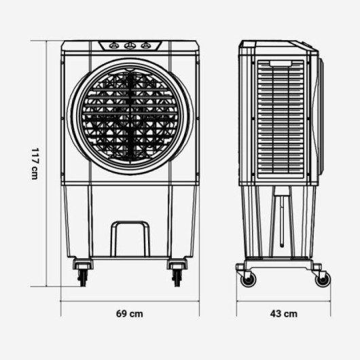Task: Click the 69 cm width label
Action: click(129, 314)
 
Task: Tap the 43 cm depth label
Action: click(284, 314)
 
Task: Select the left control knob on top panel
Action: click(113, 46)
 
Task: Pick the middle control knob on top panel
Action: click(129, 46)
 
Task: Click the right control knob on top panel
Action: click(145, 46)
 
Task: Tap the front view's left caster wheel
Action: click(83, 276)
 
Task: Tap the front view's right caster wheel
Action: click(177, 276)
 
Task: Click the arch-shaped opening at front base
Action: click(129, 238)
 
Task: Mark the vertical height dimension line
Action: click(48, 164)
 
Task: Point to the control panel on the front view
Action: click(129, 46)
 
